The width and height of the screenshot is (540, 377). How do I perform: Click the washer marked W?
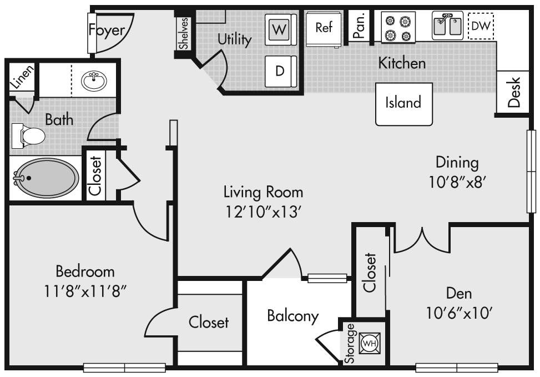click(x=281, y=29)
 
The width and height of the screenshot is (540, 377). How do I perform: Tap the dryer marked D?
click(x=281, y=71)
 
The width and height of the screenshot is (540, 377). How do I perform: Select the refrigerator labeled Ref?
click(x=324, y=29)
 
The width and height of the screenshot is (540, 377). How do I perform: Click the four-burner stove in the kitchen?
click(x=398, y=27)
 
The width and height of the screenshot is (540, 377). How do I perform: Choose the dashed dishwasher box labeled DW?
click(x=481, y=26)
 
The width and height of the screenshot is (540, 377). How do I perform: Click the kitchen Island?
click(x=403, y=104)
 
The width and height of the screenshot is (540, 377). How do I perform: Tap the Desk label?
click(x=514, y=92)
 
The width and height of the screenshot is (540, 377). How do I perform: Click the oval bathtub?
click(x=46, y=178)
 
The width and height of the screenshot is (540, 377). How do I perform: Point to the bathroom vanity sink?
click(x=94, y=81)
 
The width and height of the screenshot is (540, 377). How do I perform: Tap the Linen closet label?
click(x=22, y=77)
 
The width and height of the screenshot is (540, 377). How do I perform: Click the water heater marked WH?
click(x=370, y=343)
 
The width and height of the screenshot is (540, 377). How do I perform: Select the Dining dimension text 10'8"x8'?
click(x=457, y=182)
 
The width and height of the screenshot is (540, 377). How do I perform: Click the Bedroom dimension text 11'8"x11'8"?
click(x=85, y=291)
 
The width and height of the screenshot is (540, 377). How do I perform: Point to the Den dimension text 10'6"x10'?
click(x=459, y=313)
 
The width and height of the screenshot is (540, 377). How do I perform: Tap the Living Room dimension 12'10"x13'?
click(x=264, y=212)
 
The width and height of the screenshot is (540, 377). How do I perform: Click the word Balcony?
click(x=293, y=316)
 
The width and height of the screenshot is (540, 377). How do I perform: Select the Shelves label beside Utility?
click(x=184, y=33)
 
